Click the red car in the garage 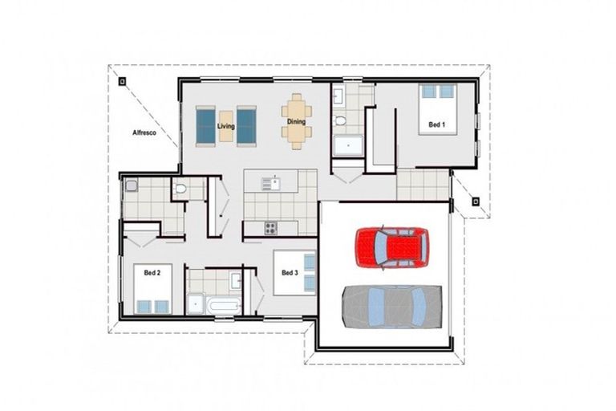point(391,246)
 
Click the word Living point(226,126)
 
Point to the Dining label point(296,122)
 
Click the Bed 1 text point(436,125)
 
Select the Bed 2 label point(152,273)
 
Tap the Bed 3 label point(290,273)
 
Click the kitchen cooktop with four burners point(271,228)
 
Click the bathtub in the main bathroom point(223,305)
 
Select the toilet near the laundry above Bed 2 point(180,190)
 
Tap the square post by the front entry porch point(475,201)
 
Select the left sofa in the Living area point(207,125)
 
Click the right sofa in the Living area point(246,125)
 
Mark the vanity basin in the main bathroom point(236,280)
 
